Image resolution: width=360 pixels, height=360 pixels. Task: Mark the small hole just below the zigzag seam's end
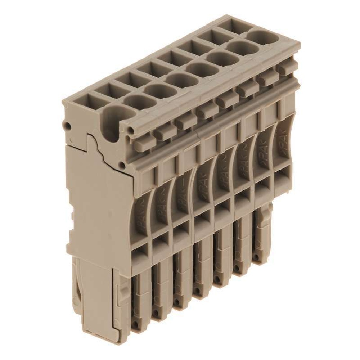point(123,165)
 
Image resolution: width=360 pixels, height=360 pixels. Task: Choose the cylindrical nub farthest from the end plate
point(284,68)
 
